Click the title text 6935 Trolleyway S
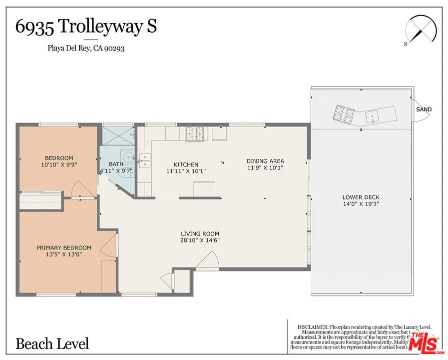[x=86, y=27]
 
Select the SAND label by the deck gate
[x=424, y=109]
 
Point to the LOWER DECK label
[x=361, y=197]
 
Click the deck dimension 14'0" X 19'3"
[x=361, y=204]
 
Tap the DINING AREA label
[x=265, y=161]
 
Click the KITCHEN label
[x=186, y=164]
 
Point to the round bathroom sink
[x=128, y=157]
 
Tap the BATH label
[x=116, y=164]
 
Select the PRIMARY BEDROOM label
[x=64, y=247]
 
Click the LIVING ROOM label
[x=200, y=233]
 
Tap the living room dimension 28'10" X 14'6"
[x=200, y=240]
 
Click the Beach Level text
[x=52, y=343]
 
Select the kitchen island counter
[x=205, y=189]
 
